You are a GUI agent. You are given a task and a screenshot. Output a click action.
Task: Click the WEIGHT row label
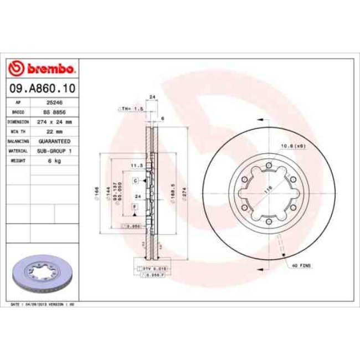coord(18,160)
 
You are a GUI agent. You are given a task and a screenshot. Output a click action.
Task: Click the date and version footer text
coord(43,305)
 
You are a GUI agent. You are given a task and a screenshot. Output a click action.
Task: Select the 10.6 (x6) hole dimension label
coord(294,146)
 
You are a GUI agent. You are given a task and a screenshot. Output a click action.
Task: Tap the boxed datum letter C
coord(135,181)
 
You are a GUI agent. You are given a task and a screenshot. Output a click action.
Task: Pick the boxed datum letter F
coord(135,206)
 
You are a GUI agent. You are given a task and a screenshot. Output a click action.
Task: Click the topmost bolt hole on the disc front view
coord(269,165)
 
